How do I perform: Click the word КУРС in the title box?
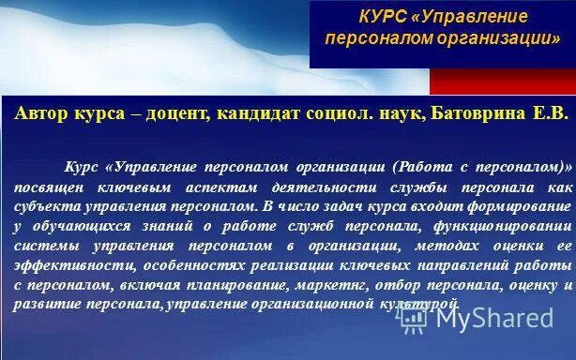[384, 18]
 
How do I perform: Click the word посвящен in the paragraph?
[47, 187]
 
